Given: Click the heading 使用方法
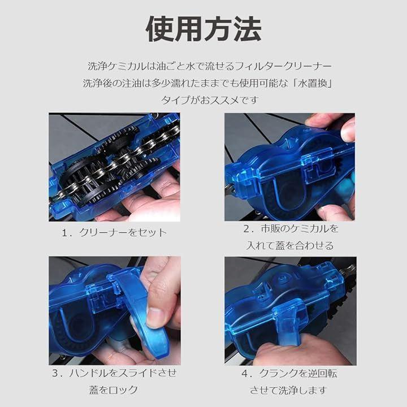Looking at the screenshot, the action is click(203, 29).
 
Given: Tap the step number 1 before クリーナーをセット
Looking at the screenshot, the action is click(64, 232).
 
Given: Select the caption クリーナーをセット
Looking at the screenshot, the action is click(123, 232).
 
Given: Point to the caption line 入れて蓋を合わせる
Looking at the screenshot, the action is click(290, 245).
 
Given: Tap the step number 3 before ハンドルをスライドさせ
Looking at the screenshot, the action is click(55, 373).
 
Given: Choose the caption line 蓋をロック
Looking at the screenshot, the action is click(114, 390).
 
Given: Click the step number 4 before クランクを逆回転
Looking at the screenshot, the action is click(245, 374).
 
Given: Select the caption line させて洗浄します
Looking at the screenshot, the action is click(288, 390).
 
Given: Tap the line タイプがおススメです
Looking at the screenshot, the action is click(210, 100).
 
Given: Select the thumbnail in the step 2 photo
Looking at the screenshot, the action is click(348, 131).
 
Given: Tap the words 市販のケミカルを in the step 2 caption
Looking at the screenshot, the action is click(300, 229).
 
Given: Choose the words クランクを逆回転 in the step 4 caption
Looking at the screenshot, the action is click(298, 374).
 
